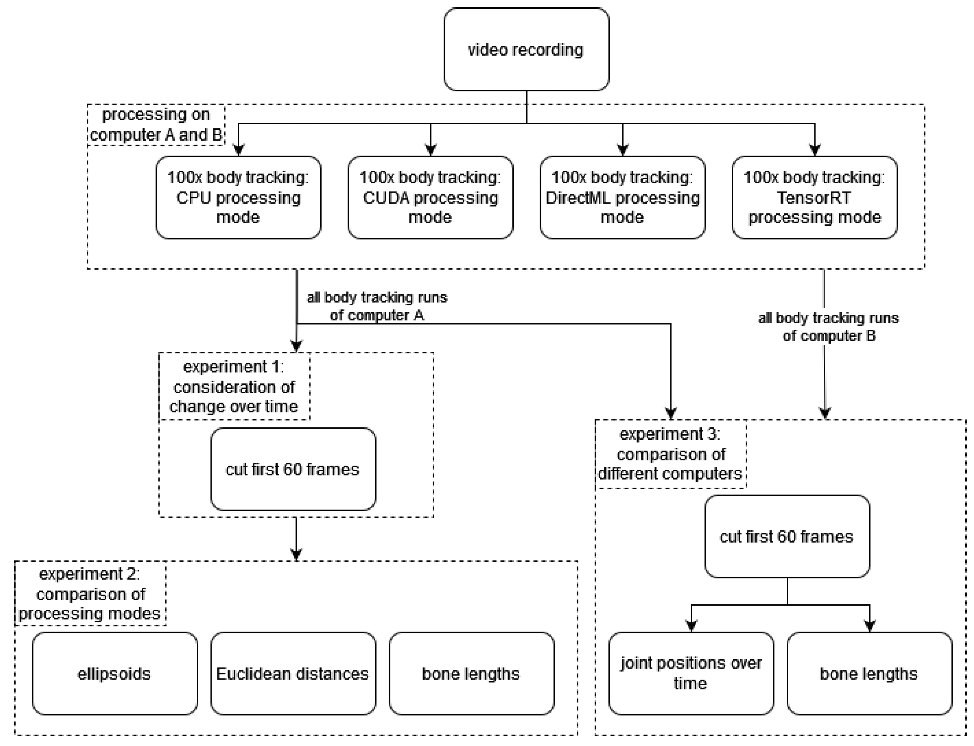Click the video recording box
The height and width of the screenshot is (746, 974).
click(526, 49)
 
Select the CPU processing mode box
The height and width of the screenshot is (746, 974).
click(238, 198)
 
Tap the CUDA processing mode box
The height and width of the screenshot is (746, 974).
click(430, 198)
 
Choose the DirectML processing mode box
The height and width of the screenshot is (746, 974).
click(622, 198)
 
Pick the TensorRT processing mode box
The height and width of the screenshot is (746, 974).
click(814, 198)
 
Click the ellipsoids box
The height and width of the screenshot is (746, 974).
click(115, 674)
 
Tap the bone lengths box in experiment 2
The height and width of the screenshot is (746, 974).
click(472, 674)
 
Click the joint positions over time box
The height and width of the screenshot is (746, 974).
click(691, 674)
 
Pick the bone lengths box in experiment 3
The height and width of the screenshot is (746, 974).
click(870, 674)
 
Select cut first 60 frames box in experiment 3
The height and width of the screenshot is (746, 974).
click(787, 536)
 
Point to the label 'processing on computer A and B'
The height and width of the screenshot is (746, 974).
click(156, 125)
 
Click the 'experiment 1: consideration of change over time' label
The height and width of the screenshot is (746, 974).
click(234, 386)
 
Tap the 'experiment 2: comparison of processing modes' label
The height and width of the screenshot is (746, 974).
click(90, 594)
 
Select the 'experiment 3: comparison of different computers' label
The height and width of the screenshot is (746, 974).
click(670, 453)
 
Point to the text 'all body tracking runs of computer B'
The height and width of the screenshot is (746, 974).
click(829, 327)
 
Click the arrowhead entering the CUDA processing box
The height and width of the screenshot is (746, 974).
click(430, 150)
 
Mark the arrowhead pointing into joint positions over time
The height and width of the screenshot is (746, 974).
click(691, 626)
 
